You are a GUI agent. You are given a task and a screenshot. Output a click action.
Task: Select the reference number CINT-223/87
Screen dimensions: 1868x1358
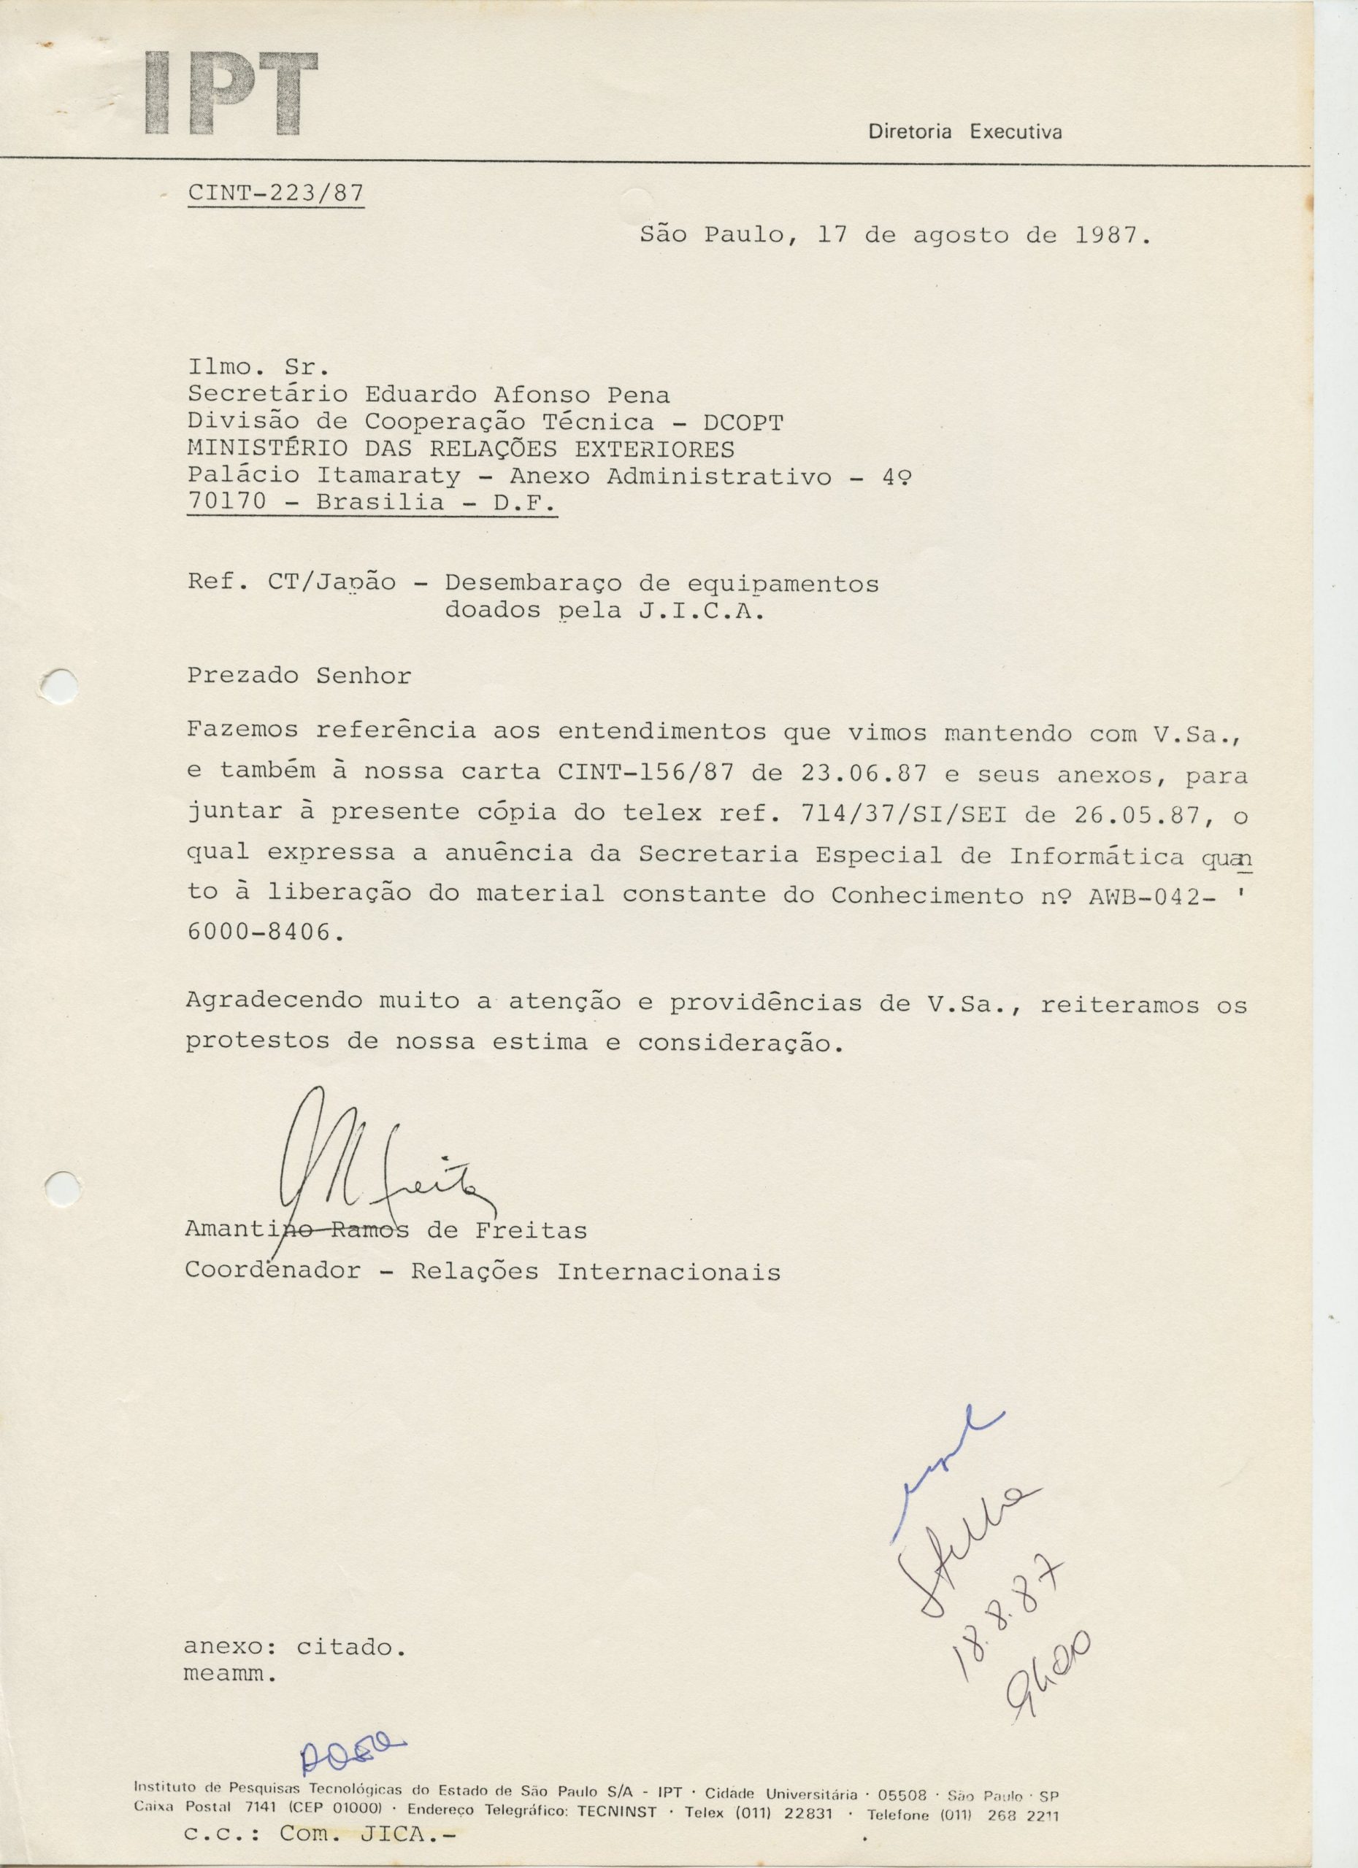click(x=275, y=193)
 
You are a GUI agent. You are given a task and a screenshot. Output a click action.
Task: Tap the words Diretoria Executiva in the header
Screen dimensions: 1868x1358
click(x=965, y=132)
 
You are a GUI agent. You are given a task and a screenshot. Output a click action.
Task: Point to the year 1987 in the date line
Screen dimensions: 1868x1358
click(x=1101, y=236)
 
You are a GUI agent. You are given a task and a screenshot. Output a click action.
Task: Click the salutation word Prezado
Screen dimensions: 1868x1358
click(x=242, y=676)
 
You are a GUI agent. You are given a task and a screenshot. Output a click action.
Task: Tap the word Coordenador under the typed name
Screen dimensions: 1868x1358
click(x=272, y=1271)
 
